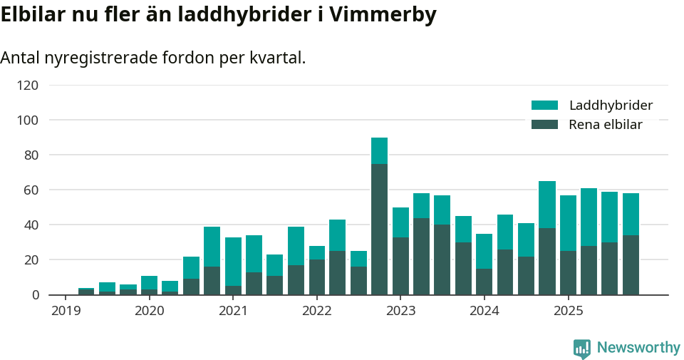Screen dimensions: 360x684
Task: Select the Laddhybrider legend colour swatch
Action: tap(544, 106)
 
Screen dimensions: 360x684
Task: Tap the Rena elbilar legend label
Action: tap(605, 125)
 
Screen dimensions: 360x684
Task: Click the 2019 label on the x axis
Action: tap(66, 311)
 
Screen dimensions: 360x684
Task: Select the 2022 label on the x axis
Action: tap(317, 311)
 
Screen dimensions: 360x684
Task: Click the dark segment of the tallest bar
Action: tap(379, 229)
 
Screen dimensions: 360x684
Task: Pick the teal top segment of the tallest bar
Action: tap(379, 150)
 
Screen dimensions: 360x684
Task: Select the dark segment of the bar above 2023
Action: tap(400, 266)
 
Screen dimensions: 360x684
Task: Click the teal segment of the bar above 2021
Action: tap(233, 262)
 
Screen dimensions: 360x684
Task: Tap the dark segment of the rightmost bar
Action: tap(631, 264)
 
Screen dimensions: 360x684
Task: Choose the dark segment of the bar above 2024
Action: tap(484, 282)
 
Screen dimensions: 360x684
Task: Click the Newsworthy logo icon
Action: tap(582, 348)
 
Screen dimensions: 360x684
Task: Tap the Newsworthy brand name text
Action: tap(638, 348)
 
